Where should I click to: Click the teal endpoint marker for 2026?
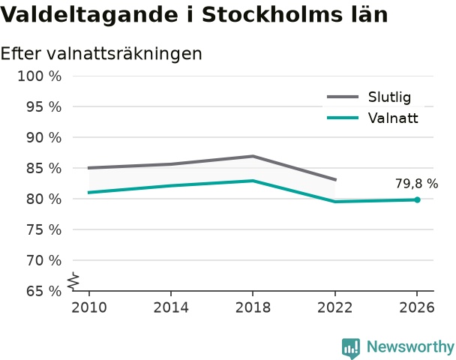pos(417,199)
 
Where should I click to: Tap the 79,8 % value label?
pos(416,184)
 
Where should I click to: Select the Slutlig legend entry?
pos(369,97)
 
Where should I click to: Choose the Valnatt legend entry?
pos(372,118)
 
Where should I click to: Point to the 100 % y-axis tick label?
pos(40,76)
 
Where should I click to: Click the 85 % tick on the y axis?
pos(44,168)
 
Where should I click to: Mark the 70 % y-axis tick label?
pos(44,260)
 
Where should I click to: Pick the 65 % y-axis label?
pos(44,291)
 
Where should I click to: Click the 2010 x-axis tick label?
pos(89,307)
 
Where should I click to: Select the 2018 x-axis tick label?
pos(253,307)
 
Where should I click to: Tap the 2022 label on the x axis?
pos(334,307)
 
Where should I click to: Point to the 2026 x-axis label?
pos(417,307)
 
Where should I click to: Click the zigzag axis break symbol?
pos(73,281)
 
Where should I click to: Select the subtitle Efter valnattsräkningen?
pos(101,54)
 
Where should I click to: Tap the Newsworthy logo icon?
pos(351,348)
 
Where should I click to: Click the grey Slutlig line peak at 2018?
pos(253,156)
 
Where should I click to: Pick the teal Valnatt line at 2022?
pos(335,201)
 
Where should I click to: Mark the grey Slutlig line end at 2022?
pos(335,180)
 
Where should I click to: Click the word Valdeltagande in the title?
pos(88,14)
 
